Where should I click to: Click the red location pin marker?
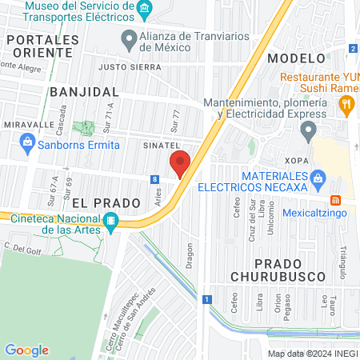[x=180, y=164]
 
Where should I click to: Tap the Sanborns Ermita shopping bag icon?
[x=27, y=144]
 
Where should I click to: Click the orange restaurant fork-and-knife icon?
[x=346, y=102]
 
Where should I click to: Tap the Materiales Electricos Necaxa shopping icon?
[x=318, y=176]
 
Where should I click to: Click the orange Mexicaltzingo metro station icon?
[x=336, y=199]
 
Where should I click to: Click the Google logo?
[x=26, y=350]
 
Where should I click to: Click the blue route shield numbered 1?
[x=206, y=299]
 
